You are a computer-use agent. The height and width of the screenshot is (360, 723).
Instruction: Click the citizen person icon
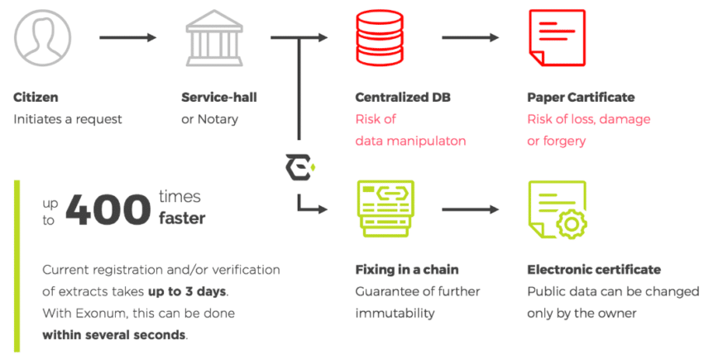tap(42, 37)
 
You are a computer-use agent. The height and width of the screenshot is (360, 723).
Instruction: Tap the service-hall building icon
tap(213, 37)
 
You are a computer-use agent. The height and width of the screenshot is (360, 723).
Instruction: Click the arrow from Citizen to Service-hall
tap(127, 37)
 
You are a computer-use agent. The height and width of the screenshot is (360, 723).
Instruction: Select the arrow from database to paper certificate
tap(469, 37)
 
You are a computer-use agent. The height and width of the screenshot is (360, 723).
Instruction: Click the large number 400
tap(108, 210)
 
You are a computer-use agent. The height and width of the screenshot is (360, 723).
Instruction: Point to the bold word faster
tap(182, 219)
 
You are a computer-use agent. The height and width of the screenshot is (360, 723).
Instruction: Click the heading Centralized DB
tap(403, 98)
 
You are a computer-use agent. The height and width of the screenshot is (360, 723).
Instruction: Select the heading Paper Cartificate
tap(581, 98)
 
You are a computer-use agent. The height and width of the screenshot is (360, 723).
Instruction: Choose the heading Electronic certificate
tap(594, 270)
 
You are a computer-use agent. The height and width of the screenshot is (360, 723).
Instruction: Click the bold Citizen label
tap(36, 98)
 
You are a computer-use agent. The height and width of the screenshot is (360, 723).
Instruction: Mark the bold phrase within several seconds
tap(114, 335)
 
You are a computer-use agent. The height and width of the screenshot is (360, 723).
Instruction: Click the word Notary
tap(218, 119)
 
